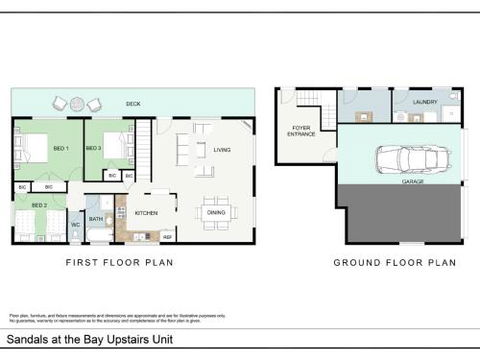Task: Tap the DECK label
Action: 132,103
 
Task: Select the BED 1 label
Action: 61,148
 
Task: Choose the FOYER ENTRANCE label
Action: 302,130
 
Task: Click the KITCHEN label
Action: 146,213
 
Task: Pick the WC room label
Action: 75,225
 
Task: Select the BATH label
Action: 97,218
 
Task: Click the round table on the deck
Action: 77,102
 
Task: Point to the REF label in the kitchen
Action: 167,236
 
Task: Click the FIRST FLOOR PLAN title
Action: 120,263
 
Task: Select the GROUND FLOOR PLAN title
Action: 394,263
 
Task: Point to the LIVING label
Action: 222,150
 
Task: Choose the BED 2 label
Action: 39,205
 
